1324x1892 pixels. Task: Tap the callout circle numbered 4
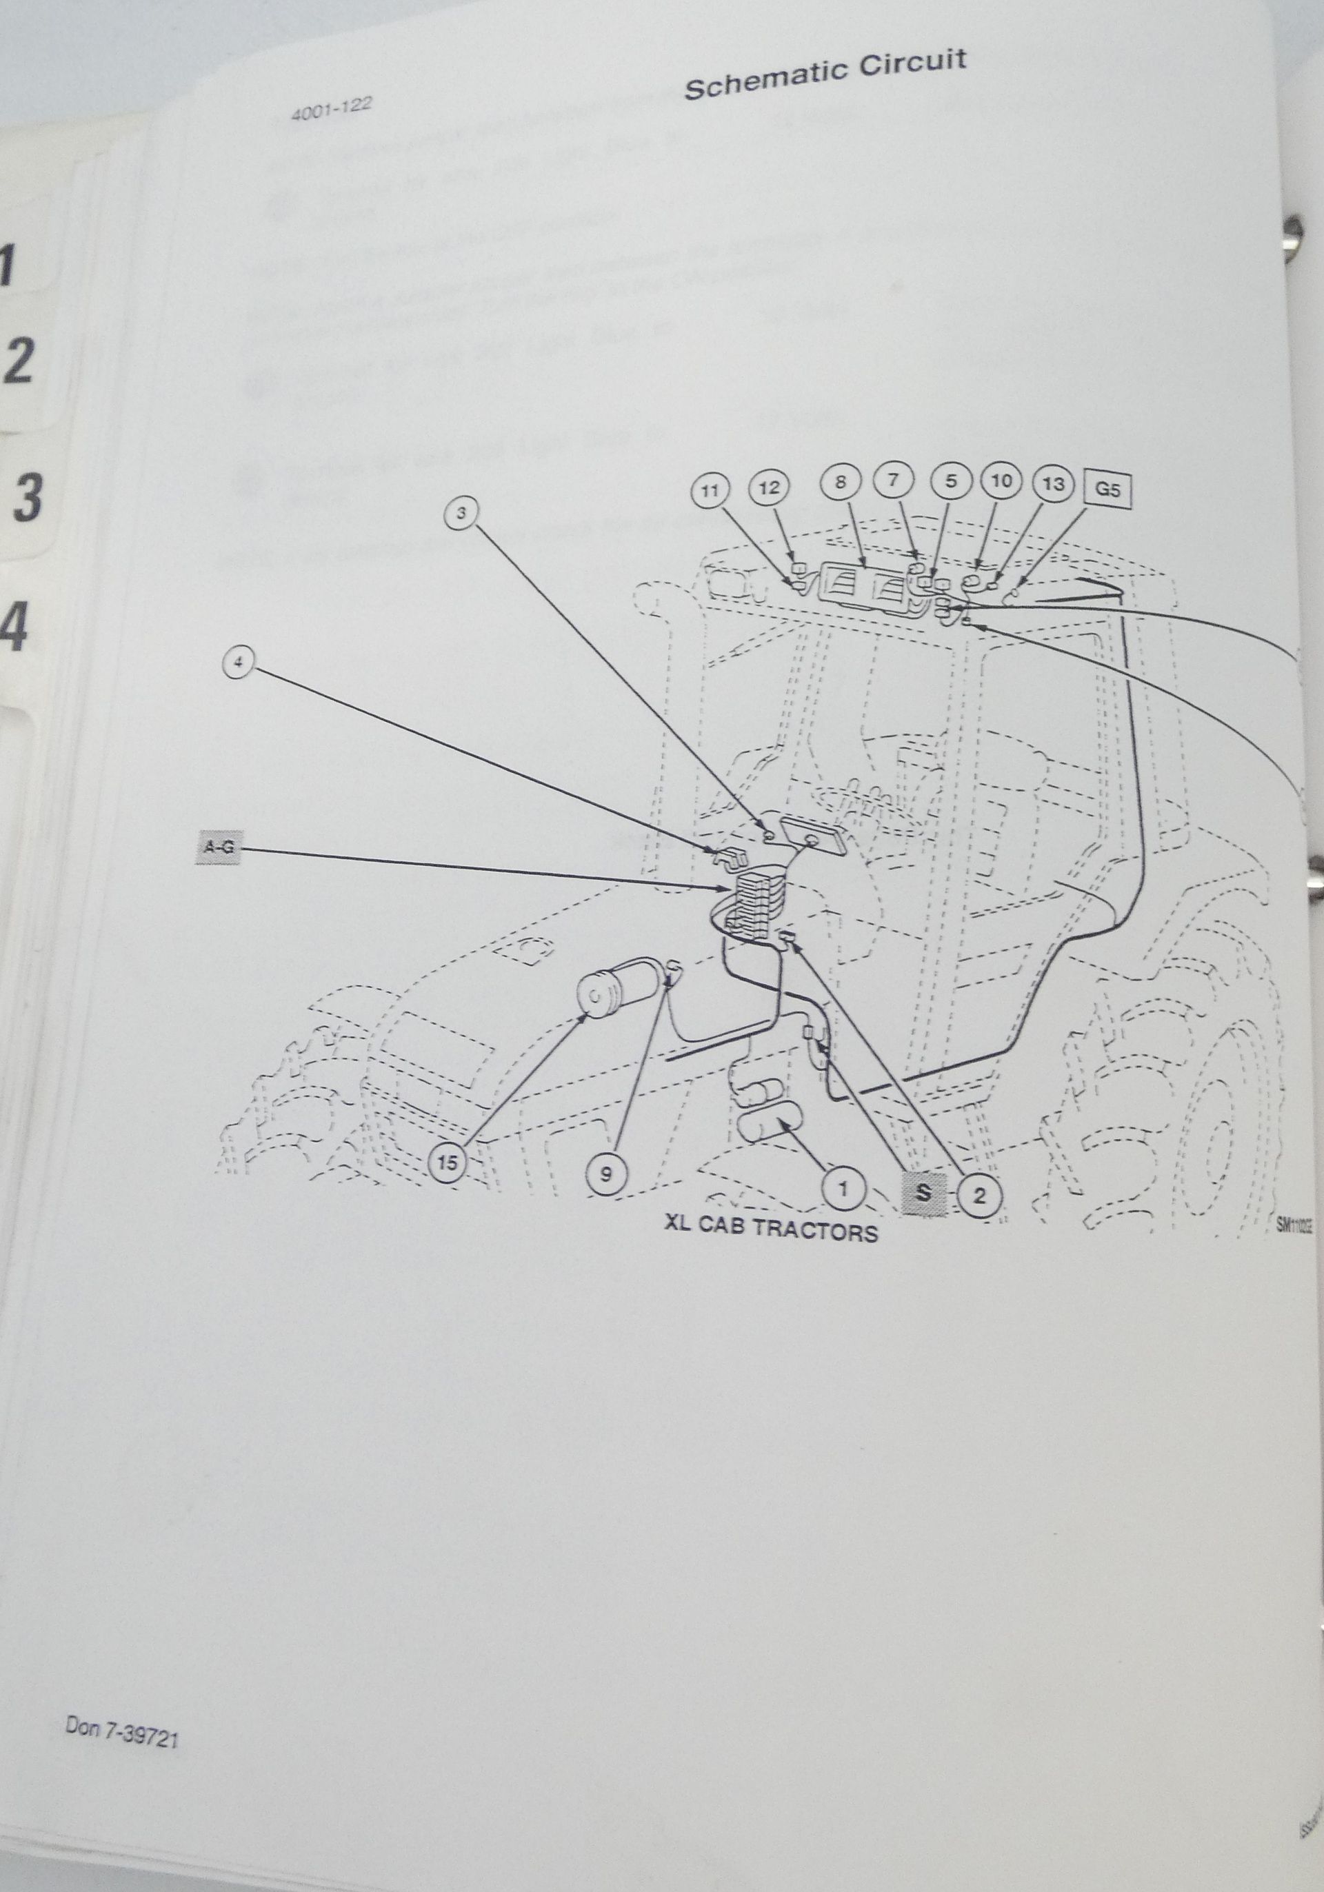tap(238, 663)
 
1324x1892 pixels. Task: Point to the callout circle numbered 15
tap(448, 1162)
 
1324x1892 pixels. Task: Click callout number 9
tap(605, 1174)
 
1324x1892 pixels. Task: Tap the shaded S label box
tap(923, 1191)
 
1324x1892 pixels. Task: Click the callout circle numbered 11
tap(710, 491)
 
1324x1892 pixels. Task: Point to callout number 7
tap(896, 481)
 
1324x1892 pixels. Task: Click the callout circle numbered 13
tap(1053, 484)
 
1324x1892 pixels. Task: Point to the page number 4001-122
tap(331, 109)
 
